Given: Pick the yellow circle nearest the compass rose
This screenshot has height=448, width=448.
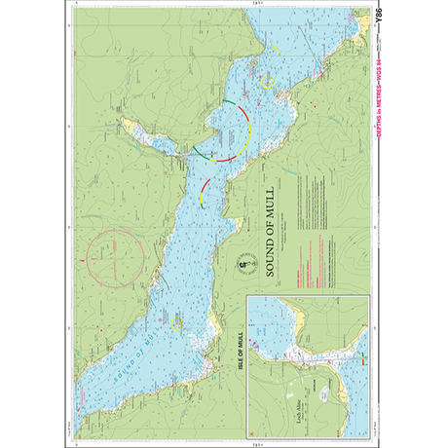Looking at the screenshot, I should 175,323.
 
